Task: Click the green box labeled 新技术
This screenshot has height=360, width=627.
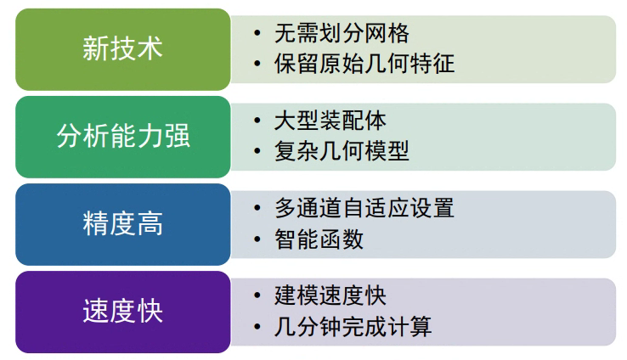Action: tap(122, 48)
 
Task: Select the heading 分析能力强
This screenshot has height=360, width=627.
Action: tap(122, 137)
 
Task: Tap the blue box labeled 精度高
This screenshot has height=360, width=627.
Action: tap(122, 224)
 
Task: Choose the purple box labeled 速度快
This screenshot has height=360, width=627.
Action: tap(122, 312)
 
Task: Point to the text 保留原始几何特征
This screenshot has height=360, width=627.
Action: tap(364, 64)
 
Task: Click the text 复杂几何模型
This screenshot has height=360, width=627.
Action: tap(342, 151)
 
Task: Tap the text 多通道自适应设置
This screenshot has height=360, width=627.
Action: tap(364, 208)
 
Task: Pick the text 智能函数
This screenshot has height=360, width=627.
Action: tap(319, 239)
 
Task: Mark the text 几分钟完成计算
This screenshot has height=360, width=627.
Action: tap(353, 326)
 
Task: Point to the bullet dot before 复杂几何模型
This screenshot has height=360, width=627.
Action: tap(257, 151)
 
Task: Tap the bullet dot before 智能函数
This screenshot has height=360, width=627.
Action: tap(257, 239)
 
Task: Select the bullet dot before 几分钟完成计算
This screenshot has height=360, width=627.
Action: tap(257, 326)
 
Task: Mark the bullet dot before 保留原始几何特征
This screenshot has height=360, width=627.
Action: tap(257, 64)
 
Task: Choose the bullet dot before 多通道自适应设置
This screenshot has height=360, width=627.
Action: tap(257, 208)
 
